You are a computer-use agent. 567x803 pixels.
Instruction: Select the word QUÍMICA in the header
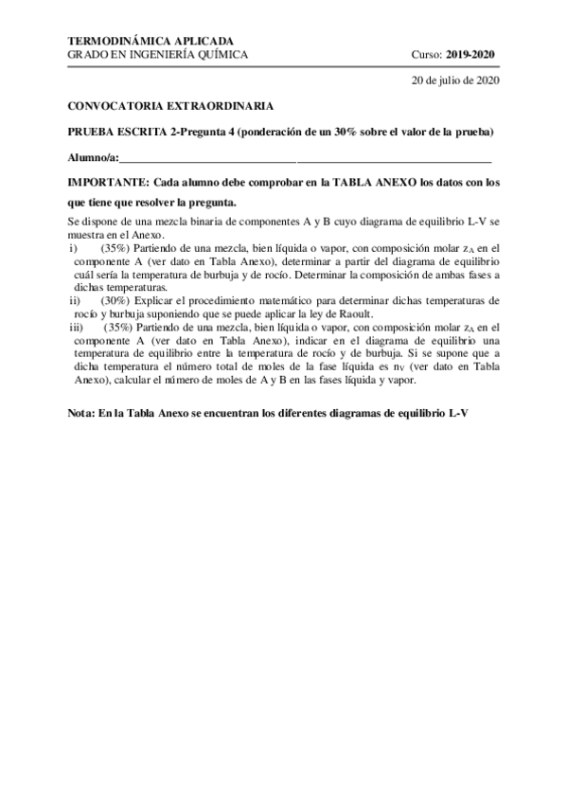(x=223, y=54)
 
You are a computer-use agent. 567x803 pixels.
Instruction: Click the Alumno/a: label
(x=94, y=157)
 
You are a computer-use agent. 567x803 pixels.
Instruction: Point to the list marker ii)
(x=75, y=300)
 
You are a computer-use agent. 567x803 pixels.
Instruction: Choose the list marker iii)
(x=77, y=327)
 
